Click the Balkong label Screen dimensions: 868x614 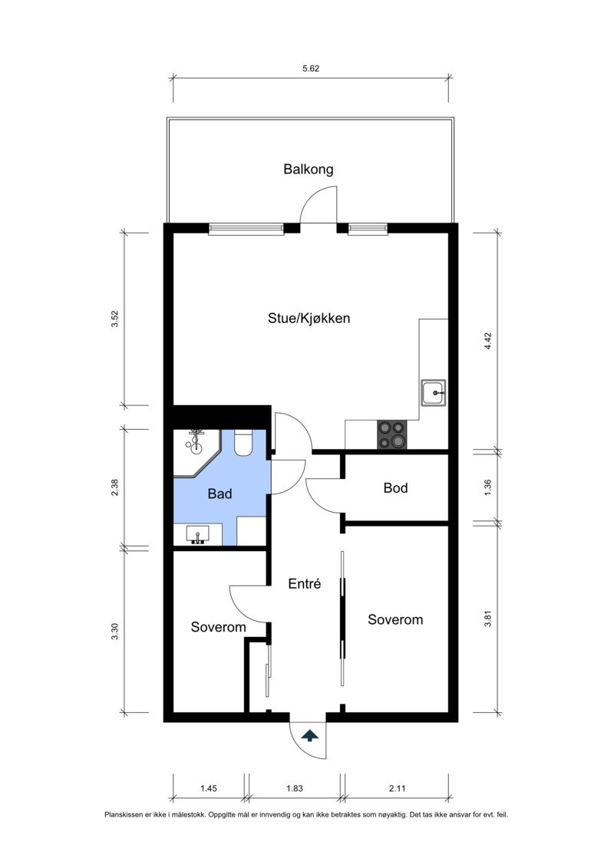click(x=309, y=170)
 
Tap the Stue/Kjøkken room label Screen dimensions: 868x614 click(x=309, y=318)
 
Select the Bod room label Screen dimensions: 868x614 click(x=395, y=488)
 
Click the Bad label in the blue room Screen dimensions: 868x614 click(x=220, y=494)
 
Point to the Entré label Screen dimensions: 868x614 click(x=304, y=584)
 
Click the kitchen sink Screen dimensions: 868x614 click(x=434, y=393)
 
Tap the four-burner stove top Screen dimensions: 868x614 click(x=392, y=434)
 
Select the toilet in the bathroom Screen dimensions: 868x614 click(x=244, y=444)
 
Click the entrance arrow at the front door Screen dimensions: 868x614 click(x=309, y=736)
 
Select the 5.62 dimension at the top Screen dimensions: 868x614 click(x=311, y=68)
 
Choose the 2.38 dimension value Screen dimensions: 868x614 click(x=115, y=488)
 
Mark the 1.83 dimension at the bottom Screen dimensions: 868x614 click(x=294, y=788)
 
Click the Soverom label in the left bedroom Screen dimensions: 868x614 click(x=219, y=628)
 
